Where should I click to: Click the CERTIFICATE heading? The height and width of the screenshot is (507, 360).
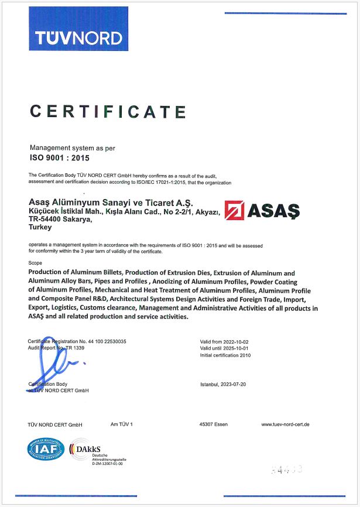coord(108,111)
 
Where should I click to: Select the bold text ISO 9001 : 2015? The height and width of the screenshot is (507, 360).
coord(59,157)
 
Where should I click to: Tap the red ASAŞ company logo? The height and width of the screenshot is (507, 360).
coord(262,209)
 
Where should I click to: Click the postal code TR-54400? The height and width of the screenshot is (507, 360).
coord(46,220)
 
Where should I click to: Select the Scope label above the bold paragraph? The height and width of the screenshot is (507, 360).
coord(35,263)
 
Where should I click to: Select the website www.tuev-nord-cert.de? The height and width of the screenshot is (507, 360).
coord(285,424)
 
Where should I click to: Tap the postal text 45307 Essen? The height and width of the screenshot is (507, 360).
coord(214,424)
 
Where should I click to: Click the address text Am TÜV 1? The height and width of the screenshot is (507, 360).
coord(122,424)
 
